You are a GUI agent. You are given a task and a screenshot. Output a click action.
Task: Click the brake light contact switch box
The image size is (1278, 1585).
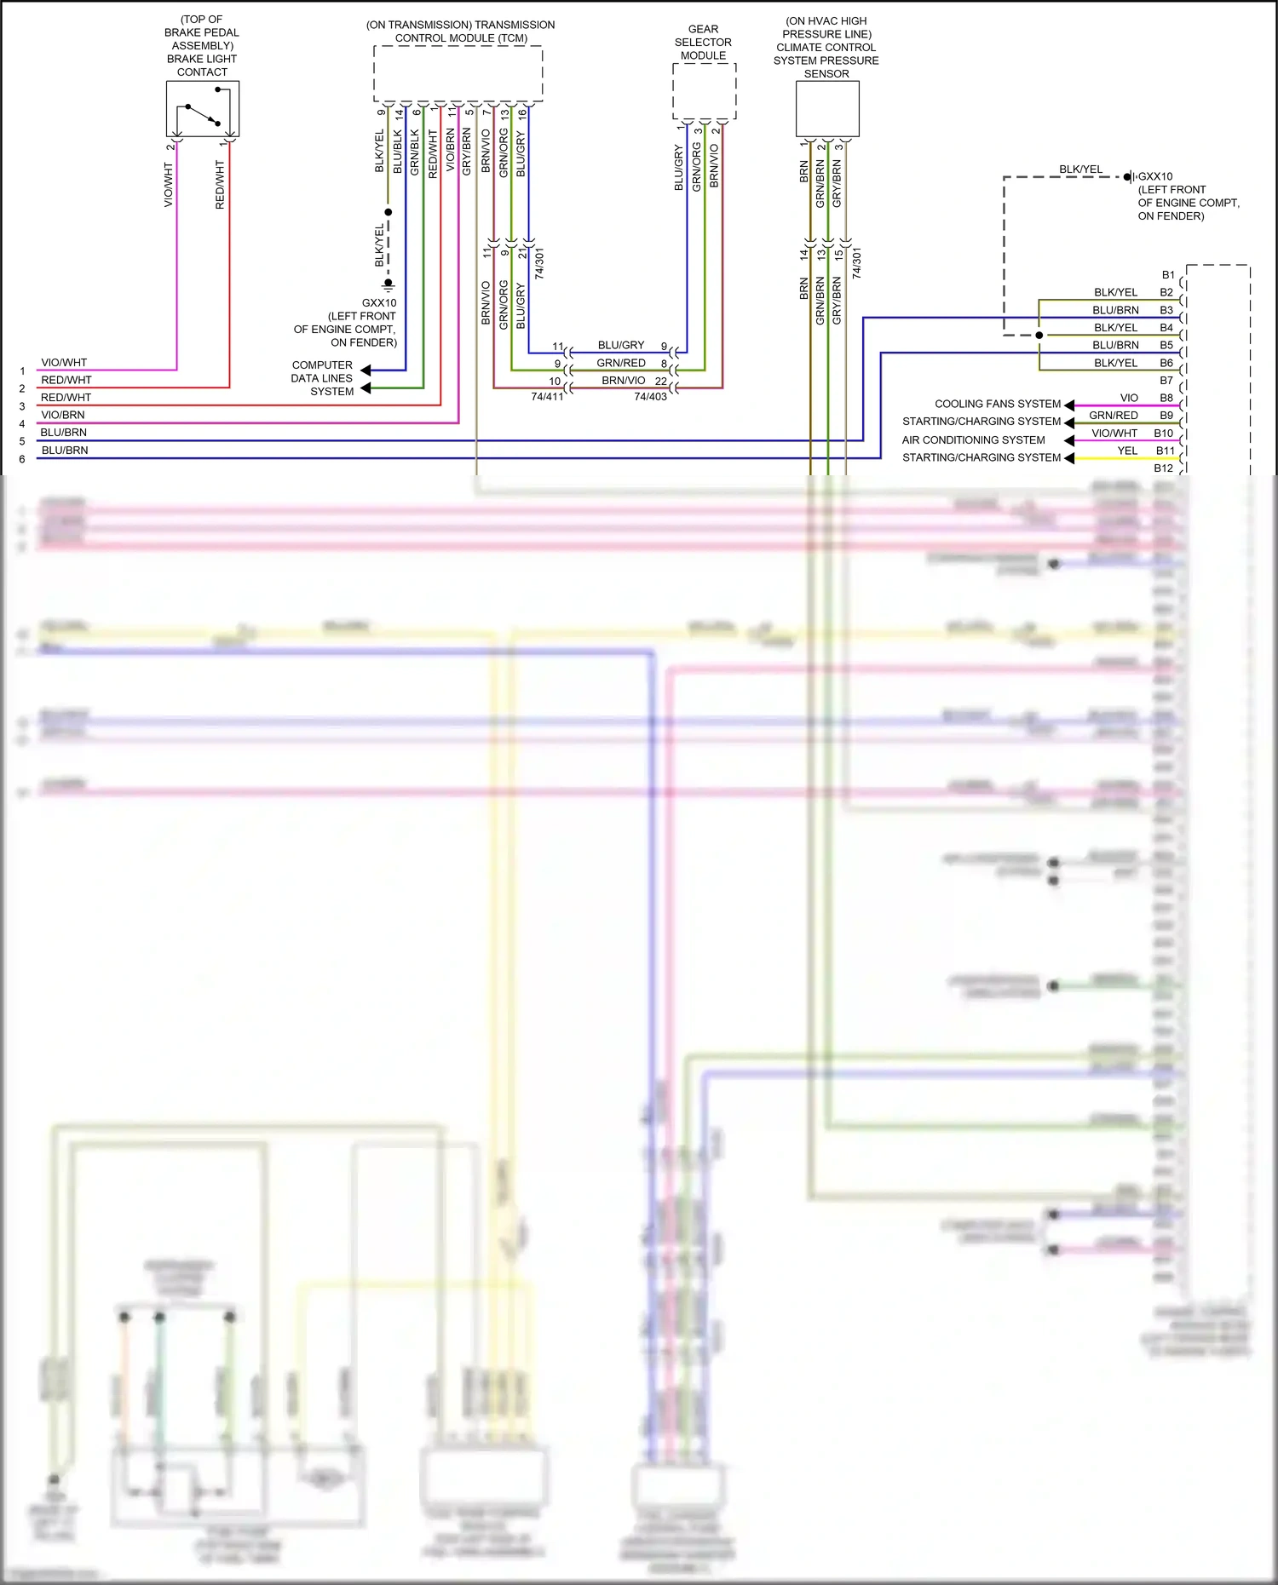203,109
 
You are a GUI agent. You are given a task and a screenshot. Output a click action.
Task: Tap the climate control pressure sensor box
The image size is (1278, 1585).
827,109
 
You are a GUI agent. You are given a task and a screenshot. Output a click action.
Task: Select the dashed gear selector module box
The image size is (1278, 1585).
704,91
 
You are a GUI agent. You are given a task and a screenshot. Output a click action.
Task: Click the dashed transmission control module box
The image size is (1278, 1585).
458,73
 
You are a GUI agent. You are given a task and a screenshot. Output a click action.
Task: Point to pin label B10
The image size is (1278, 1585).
1164,434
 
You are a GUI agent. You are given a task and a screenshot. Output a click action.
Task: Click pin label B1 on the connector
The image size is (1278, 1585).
1168,275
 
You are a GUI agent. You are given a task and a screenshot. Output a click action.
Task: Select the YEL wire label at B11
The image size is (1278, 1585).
1127,451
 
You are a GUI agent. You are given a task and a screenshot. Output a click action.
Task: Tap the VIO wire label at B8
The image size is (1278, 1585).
1129,398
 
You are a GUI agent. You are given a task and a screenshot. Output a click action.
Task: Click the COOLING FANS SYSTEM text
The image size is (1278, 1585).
998,404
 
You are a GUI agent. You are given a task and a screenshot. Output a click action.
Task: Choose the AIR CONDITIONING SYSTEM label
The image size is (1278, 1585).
973,440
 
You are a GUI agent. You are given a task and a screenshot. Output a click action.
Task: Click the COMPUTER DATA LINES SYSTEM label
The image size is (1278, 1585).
322,378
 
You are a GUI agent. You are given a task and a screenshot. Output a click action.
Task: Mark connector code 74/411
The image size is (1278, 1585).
547,397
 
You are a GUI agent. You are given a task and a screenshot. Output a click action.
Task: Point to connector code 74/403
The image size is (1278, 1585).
650,397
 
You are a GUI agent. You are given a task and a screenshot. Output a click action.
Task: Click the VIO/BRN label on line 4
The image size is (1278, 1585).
63,415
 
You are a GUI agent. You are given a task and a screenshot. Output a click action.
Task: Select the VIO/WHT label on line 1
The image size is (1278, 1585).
64,363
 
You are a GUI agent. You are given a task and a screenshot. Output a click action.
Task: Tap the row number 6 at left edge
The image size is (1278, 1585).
22,459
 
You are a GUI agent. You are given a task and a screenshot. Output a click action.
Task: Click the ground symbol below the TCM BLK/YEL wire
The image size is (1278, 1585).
389,284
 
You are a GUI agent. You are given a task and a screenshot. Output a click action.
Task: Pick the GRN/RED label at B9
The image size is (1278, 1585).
1114,416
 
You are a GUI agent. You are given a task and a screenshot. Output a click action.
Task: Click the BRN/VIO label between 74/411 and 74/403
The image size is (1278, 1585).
624,381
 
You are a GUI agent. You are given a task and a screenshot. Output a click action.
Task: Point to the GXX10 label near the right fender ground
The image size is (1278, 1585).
1155,176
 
